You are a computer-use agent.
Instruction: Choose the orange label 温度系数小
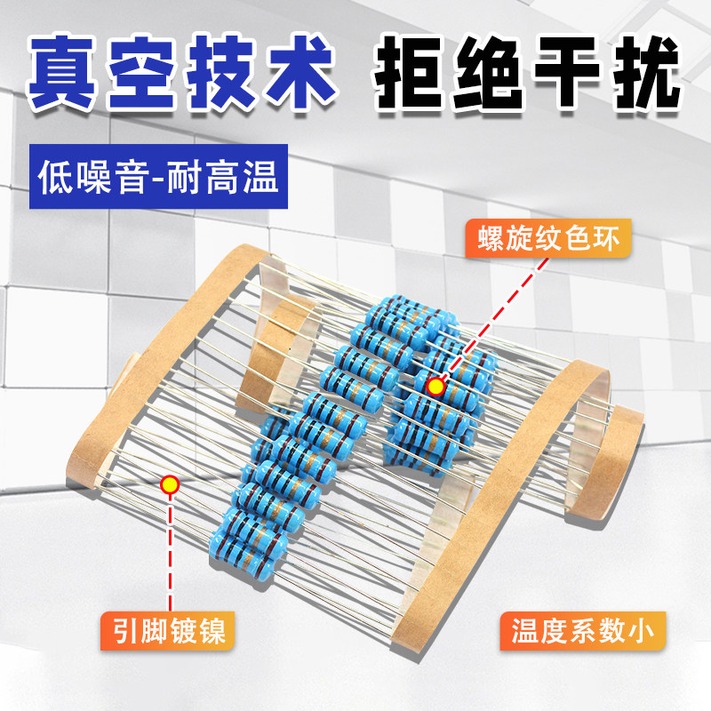click(x=582, y=632)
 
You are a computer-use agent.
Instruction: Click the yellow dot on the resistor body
click(x=435, y=387)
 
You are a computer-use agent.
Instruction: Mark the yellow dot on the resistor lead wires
click(x=169, y=484)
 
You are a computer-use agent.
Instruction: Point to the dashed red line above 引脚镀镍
click(x=169, y=551)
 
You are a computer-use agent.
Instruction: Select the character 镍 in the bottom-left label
click(x=208, y=632)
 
